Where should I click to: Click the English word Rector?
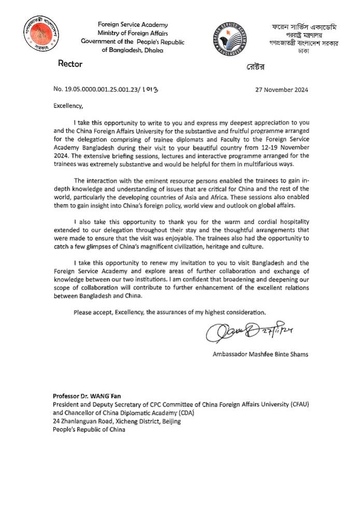(70, 64)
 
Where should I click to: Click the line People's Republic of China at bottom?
(89, 430)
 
